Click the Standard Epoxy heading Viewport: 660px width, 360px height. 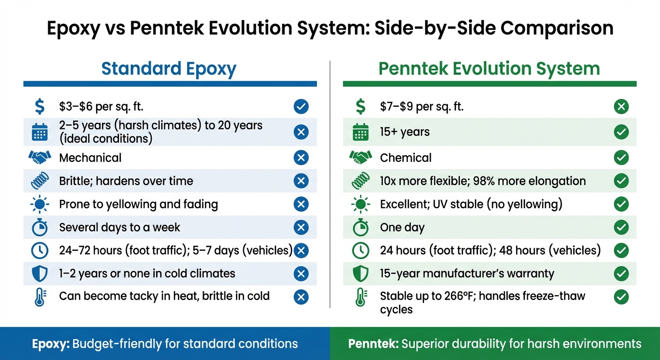[x=169, y=69]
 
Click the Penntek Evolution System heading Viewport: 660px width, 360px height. [x=489, y=69]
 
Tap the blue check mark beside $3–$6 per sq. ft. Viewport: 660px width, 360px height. [x=301, y=107]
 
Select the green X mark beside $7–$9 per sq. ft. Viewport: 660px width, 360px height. [x=621, y=107]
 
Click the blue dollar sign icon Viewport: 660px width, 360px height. [x=40, y=107]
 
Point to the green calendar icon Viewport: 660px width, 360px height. [x=360, y=133]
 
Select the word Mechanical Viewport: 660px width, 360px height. [x=90, y=158]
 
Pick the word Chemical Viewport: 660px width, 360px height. [x=405, y=158]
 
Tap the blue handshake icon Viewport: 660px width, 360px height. [x=40, y=157]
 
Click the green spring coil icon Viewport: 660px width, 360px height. [x=360, y=181]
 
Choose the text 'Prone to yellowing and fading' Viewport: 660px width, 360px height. [x=138, y=204]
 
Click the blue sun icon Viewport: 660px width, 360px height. [x=40, y=204]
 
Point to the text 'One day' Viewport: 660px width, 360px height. [x=402, y=228]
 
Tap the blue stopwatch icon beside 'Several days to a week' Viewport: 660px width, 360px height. [x=40, y=227]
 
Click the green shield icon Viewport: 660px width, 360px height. [x=360, y=274]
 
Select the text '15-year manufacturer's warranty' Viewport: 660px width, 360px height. [x=467, y=274]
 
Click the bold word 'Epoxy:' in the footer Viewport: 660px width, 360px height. [x=51, y=344]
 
